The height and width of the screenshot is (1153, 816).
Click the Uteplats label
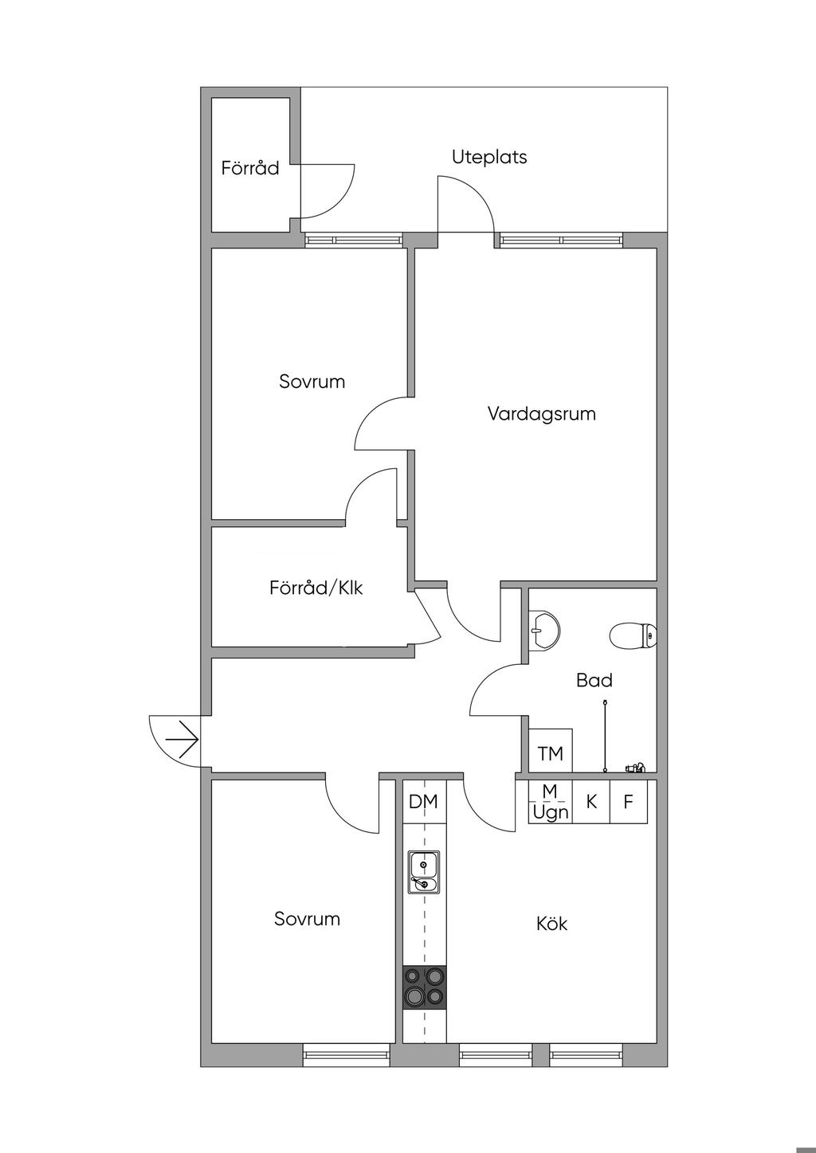(489, 157)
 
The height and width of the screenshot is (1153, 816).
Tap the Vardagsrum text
(542, 414)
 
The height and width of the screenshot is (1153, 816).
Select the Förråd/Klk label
(316, 588)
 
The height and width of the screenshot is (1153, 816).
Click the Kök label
(551, 924)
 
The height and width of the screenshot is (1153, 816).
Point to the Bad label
(594, 680)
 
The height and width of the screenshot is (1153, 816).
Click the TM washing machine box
(551, 752)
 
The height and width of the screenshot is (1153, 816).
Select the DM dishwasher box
(424, 802)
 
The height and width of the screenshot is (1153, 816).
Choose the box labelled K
(591, 802)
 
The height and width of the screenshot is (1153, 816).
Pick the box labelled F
(629, 802)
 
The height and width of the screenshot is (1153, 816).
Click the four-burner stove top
(424, 987)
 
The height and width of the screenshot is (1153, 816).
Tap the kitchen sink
(424, 872)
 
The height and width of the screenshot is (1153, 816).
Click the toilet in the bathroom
(634, 635)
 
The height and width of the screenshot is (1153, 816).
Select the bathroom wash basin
(545, 628)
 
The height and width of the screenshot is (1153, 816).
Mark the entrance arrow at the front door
(182, 740)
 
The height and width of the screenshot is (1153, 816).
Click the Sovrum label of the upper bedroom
(312, 381)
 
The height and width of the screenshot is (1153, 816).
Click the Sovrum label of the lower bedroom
(308, 919)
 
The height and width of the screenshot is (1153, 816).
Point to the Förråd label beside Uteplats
(250, 168)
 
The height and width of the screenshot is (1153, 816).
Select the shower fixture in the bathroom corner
(635, 768)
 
